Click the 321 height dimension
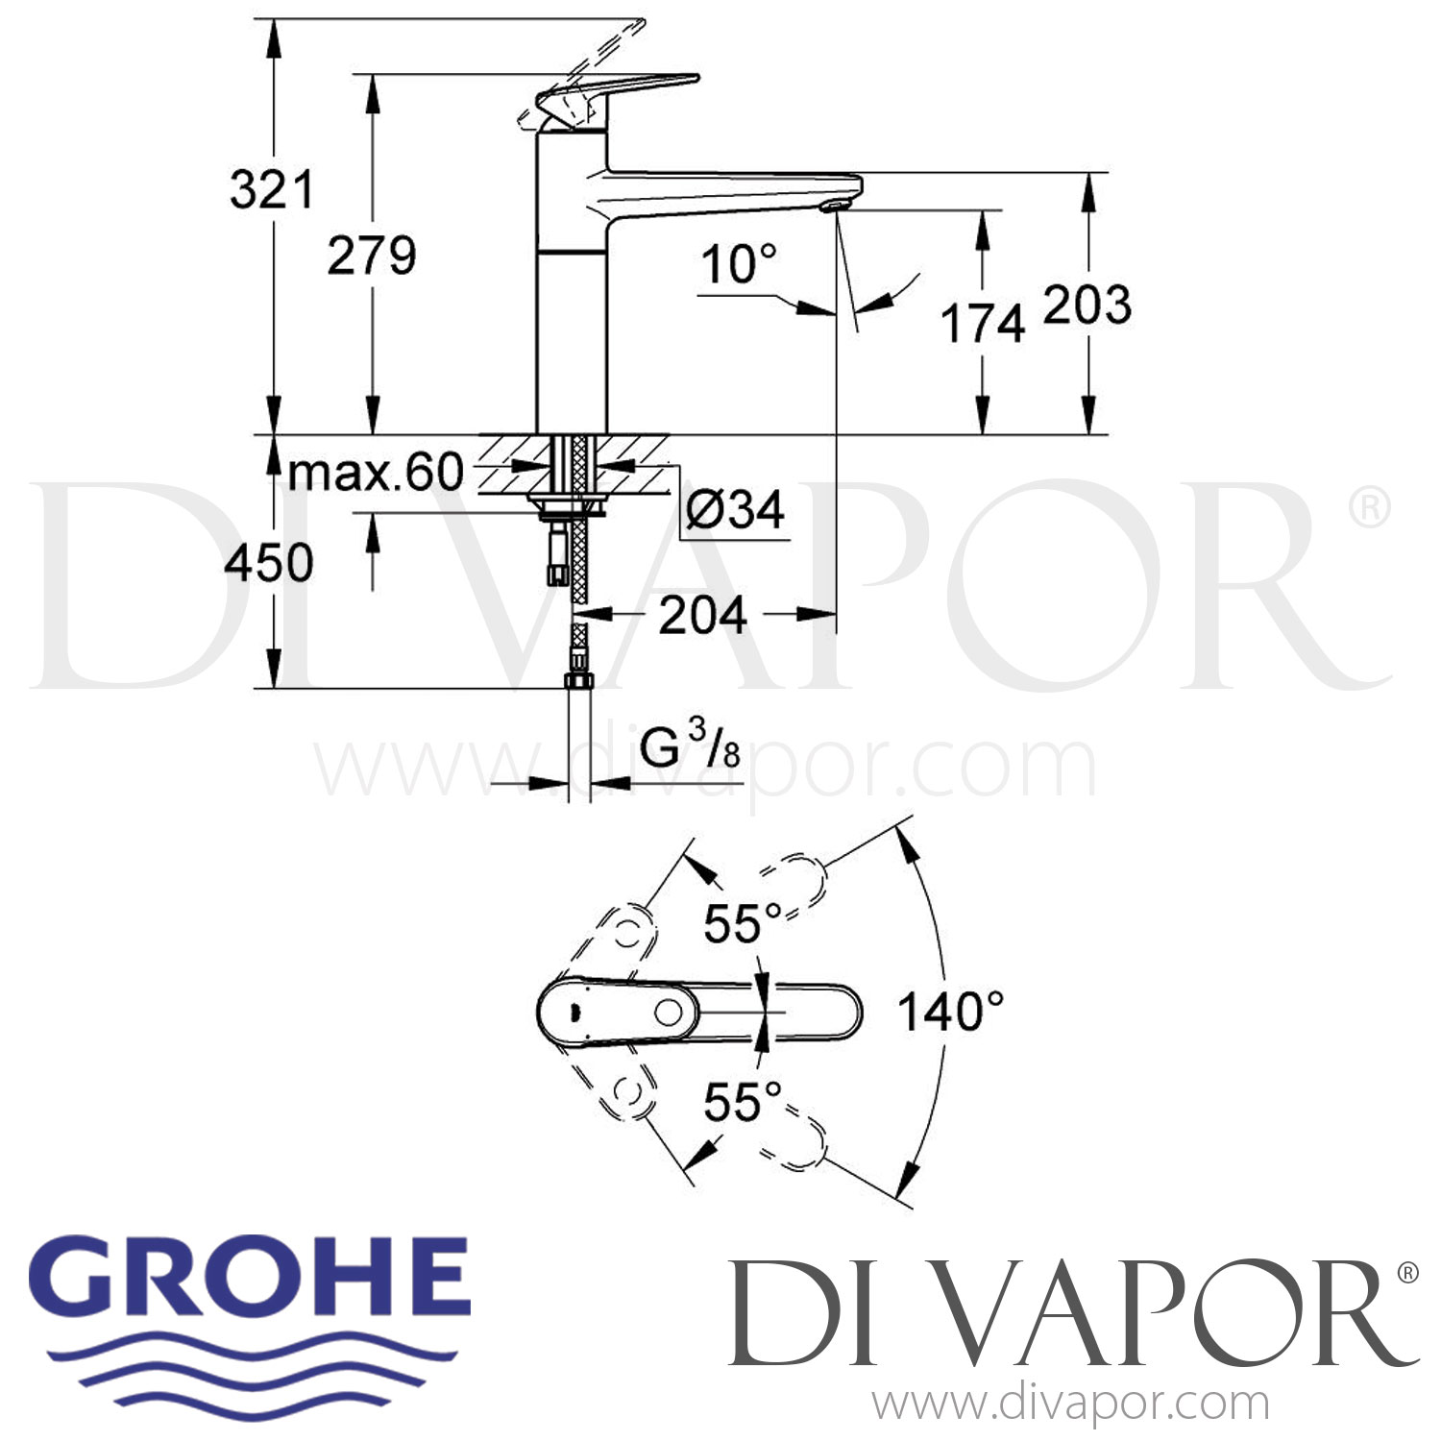(x=272, y=190)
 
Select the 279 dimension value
(x=372, y=256)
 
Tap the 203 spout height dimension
(x=1087, y=305)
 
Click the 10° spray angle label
(x=738, y=264)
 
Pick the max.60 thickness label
(x=376, y=473)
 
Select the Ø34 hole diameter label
(x=736, y=508)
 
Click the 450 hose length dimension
(x=269, y=563)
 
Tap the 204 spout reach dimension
(x=702, y=615)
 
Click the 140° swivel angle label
(x=950, y=1012)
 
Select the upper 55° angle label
(x=742, y=924)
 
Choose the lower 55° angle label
(x=742, y=1102)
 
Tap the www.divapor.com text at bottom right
(x=1070, y=1404)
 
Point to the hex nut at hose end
(x=578, y=680)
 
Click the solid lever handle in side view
(x=615, y=92)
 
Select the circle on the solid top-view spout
(x=669, y=1012)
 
